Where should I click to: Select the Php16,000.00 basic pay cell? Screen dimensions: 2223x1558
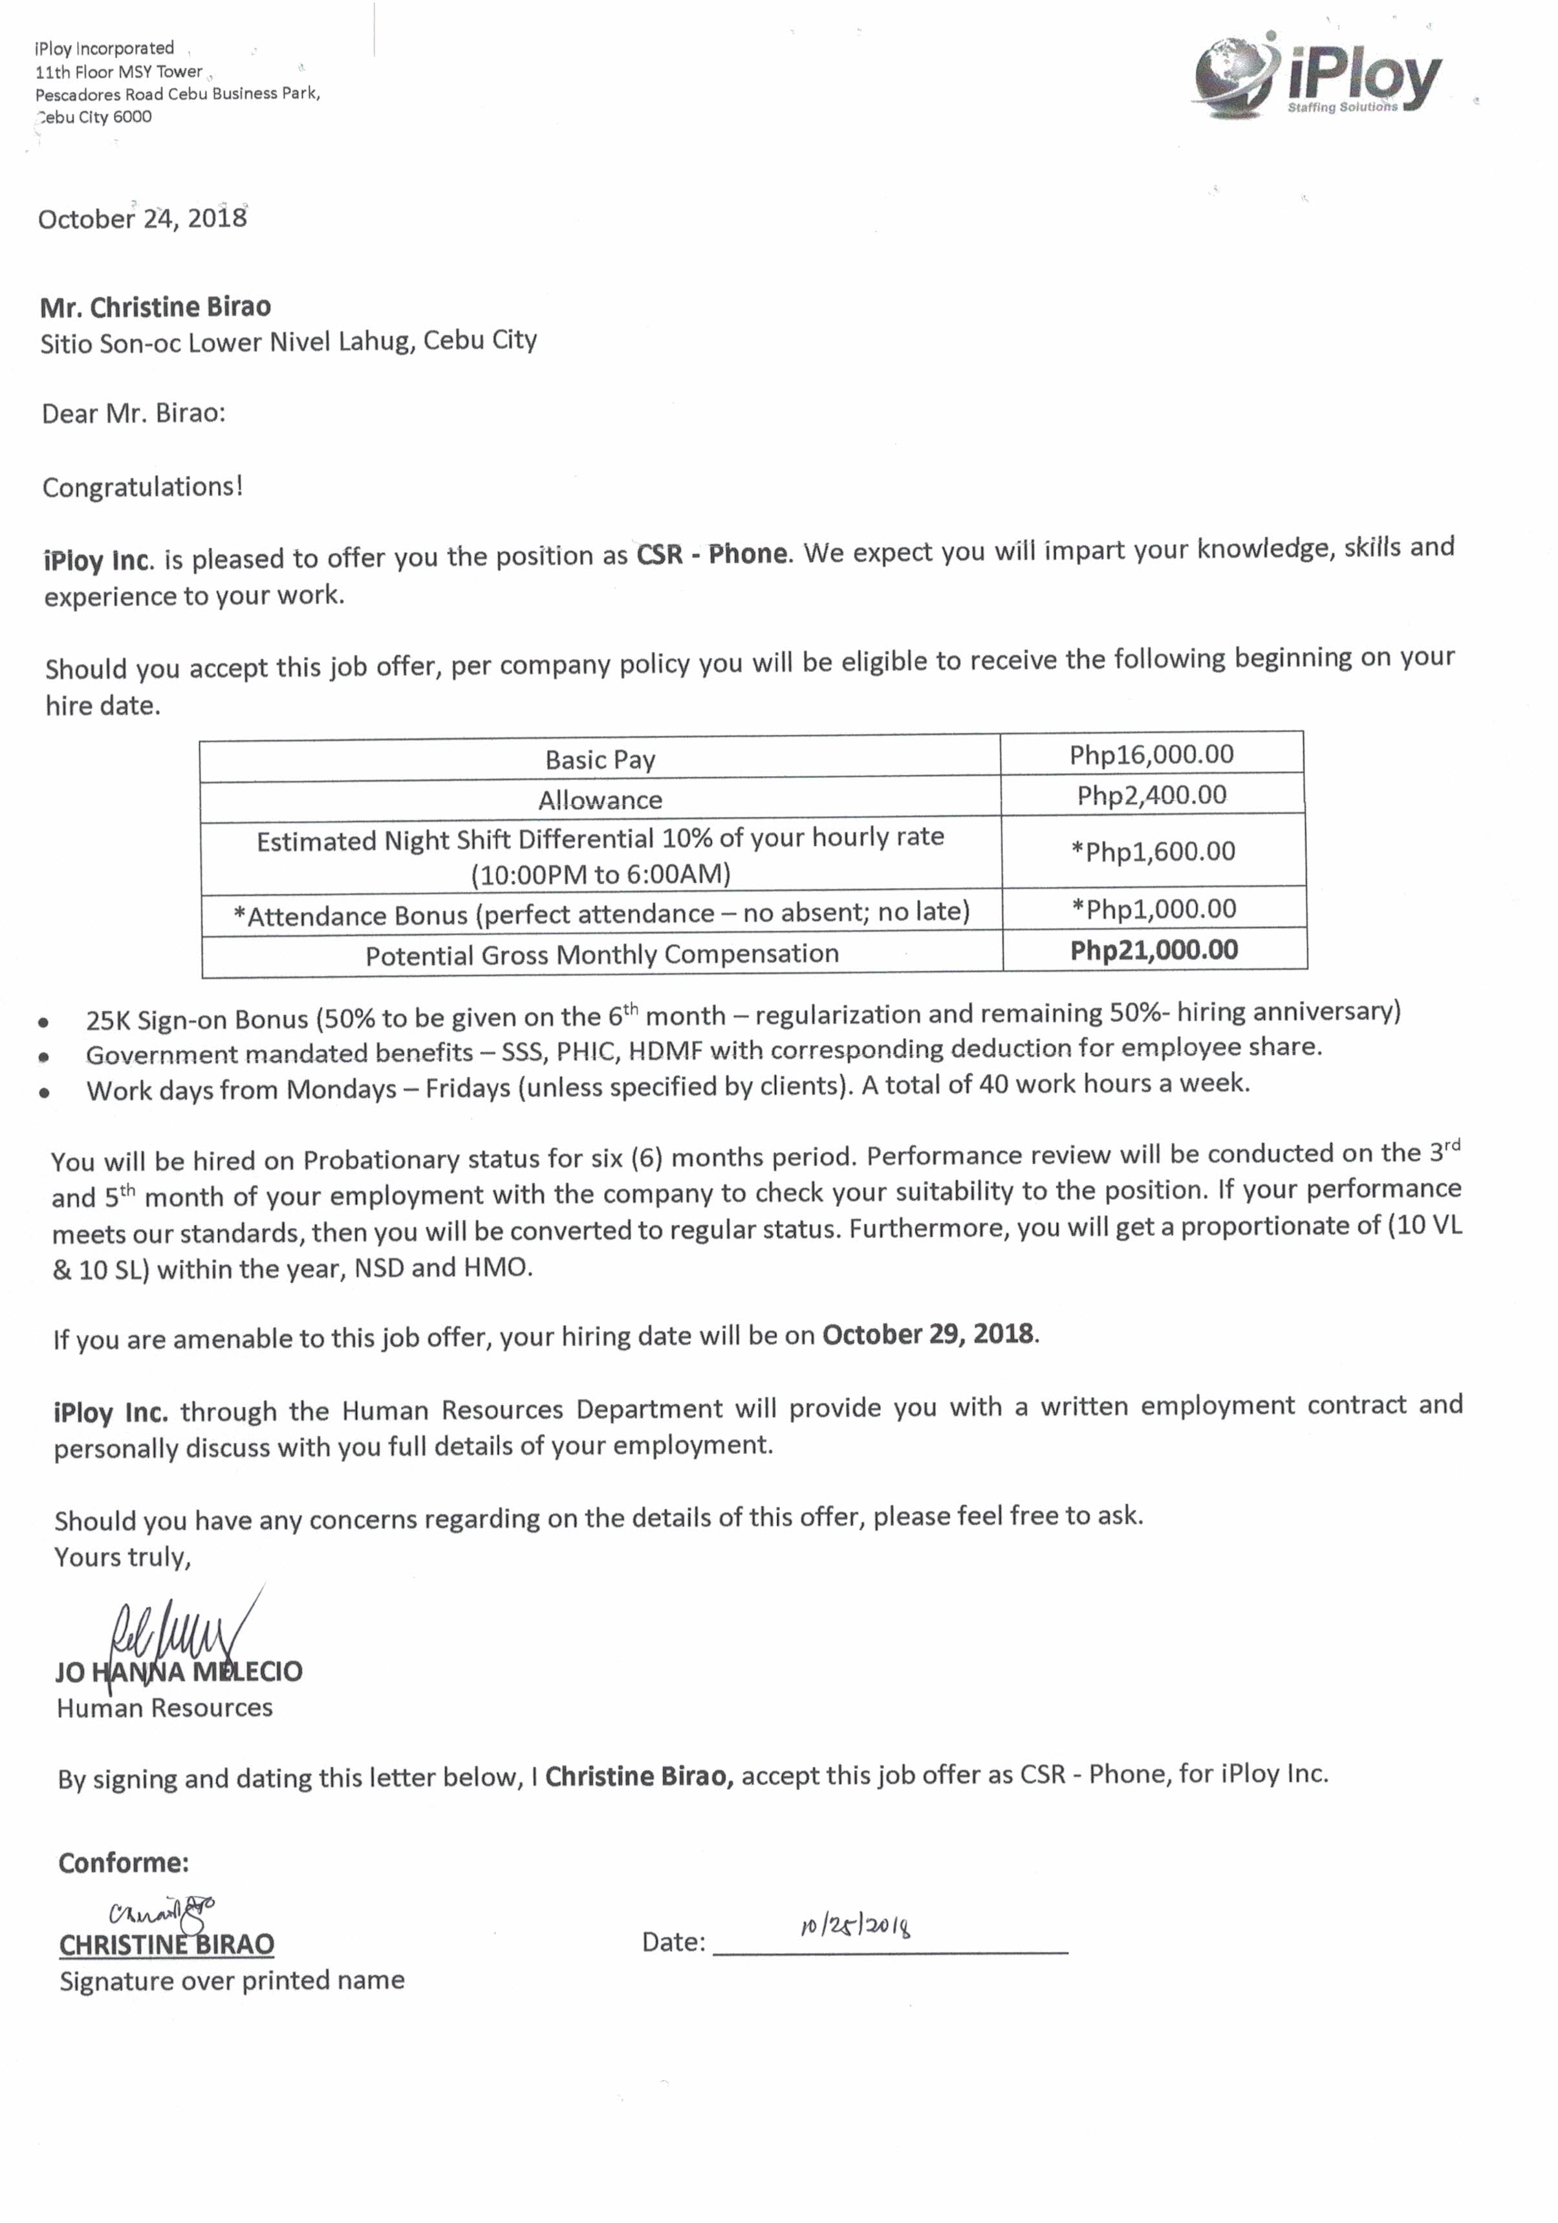click(1151, 754)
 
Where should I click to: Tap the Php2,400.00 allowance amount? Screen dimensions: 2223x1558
click(1151, 796)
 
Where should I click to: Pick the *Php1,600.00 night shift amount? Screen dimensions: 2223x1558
click(1152, 852)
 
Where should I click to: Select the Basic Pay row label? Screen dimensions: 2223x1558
click(600, 760)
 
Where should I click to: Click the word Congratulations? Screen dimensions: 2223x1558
click(142, 487)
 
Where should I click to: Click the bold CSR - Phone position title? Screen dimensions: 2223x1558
click(711, 554)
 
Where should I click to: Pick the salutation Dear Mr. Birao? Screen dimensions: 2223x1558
click(134, 415)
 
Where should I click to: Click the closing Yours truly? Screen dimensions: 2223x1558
click(123, 1557)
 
